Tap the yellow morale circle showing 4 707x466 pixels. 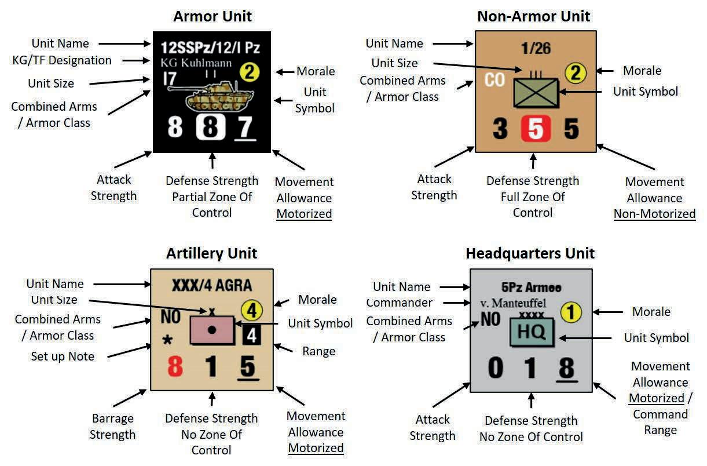click(251, 311)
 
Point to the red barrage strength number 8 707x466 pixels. click(175, 367)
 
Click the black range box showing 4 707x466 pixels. click(252, 335)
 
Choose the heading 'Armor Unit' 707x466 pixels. click(213, 16)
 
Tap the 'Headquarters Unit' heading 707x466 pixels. click(530, 253)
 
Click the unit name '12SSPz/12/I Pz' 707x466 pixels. click(210, 48)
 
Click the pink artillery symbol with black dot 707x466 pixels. click(212, 330)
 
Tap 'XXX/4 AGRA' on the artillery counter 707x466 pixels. click(211, 285)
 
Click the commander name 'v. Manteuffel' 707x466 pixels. click(514, 303)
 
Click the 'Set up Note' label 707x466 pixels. click(63, 356)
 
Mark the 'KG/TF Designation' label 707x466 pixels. click(62, 60)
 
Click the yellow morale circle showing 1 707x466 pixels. click(571, 313)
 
